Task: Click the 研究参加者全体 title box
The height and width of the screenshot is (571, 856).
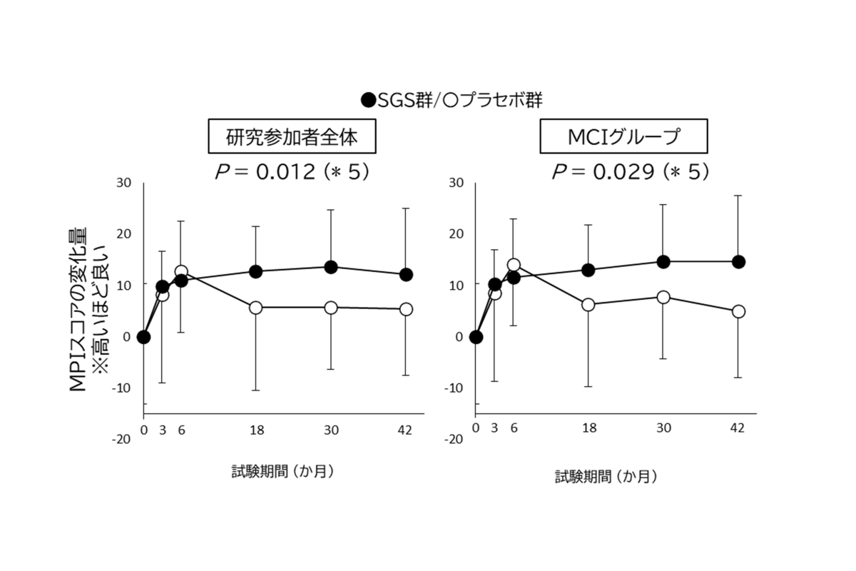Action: (x=292, y=138)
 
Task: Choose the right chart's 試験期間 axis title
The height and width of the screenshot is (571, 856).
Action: (x=607, y=476)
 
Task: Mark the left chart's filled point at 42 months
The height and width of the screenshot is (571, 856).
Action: (x=406, y=275)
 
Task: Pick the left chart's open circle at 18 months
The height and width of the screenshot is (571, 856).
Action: (x=256, y=308)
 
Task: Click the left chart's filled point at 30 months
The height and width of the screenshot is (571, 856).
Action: (x=331, y=267)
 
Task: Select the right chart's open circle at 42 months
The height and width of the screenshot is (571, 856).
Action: (x=738, y=311)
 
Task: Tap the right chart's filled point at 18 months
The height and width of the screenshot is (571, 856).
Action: (x=588, y=270)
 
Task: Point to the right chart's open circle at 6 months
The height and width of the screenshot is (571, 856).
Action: (x=514, y=265)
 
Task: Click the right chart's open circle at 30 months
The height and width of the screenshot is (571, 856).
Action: (x=663, y=297)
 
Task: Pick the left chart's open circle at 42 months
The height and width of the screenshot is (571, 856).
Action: (x=406, y=309)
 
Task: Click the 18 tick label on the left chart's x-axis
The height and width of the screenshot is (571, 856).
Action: (x=256, y=429)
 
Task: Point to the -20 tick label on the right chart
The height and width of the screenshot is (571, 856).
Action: (x=452, y=439)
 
